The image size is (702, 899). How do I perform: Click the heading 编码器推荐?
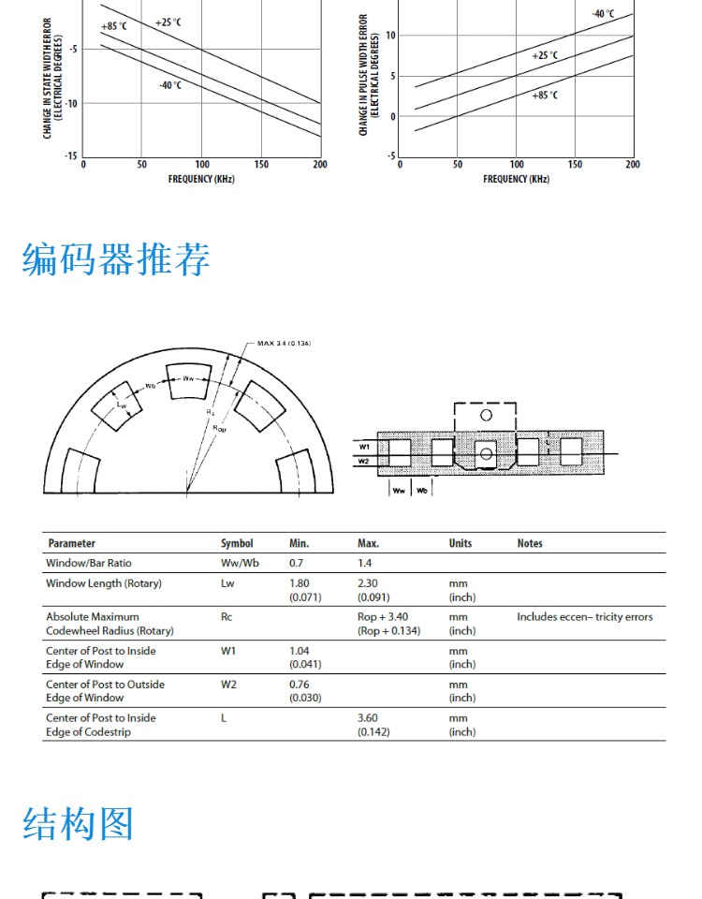click(x=116, y=259)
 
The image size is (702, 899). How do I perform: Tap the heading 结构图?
click(x=79, y=824)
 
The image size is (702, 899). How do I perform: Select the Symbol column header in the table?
click(x=237, y=543)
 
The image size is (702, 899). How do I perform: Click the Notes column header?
click(x=530, y=543)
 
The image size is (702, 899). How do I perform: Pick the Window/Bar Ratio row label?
click(x=89, y=563)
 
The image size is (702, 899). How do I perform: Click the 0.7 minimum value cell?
click(x=297, y=563)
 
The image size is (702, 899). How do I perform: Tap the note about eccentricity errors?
click(x=585, y=617)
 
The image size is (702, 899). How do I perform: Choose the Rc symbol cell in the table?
click(x=227, y=617)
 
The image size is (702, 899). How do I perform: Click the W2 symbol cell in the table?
click(x=228, y=685)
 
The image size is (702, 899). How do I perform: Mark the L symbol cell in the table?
click(x=224, y=718)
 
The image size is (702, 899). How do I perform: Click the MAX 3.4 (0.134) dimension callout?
click(x=284, y=344)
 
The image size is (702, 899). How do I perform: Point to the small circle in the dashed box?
click(x=486, y=415)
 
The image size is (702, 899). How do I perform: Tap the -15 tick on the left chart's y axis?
click(x=71, y=156)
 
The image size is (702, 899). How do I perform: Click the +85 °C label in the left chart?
click(x=113, y=26)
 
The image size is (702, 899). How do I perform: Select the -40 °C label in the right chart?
click(x=603, y=14)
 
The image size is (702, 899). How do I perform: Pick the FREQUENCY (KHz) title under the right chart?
click(x=517, y=179)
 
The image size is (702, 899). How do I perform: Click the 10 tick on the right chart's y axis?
click(x=390, y=36)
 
